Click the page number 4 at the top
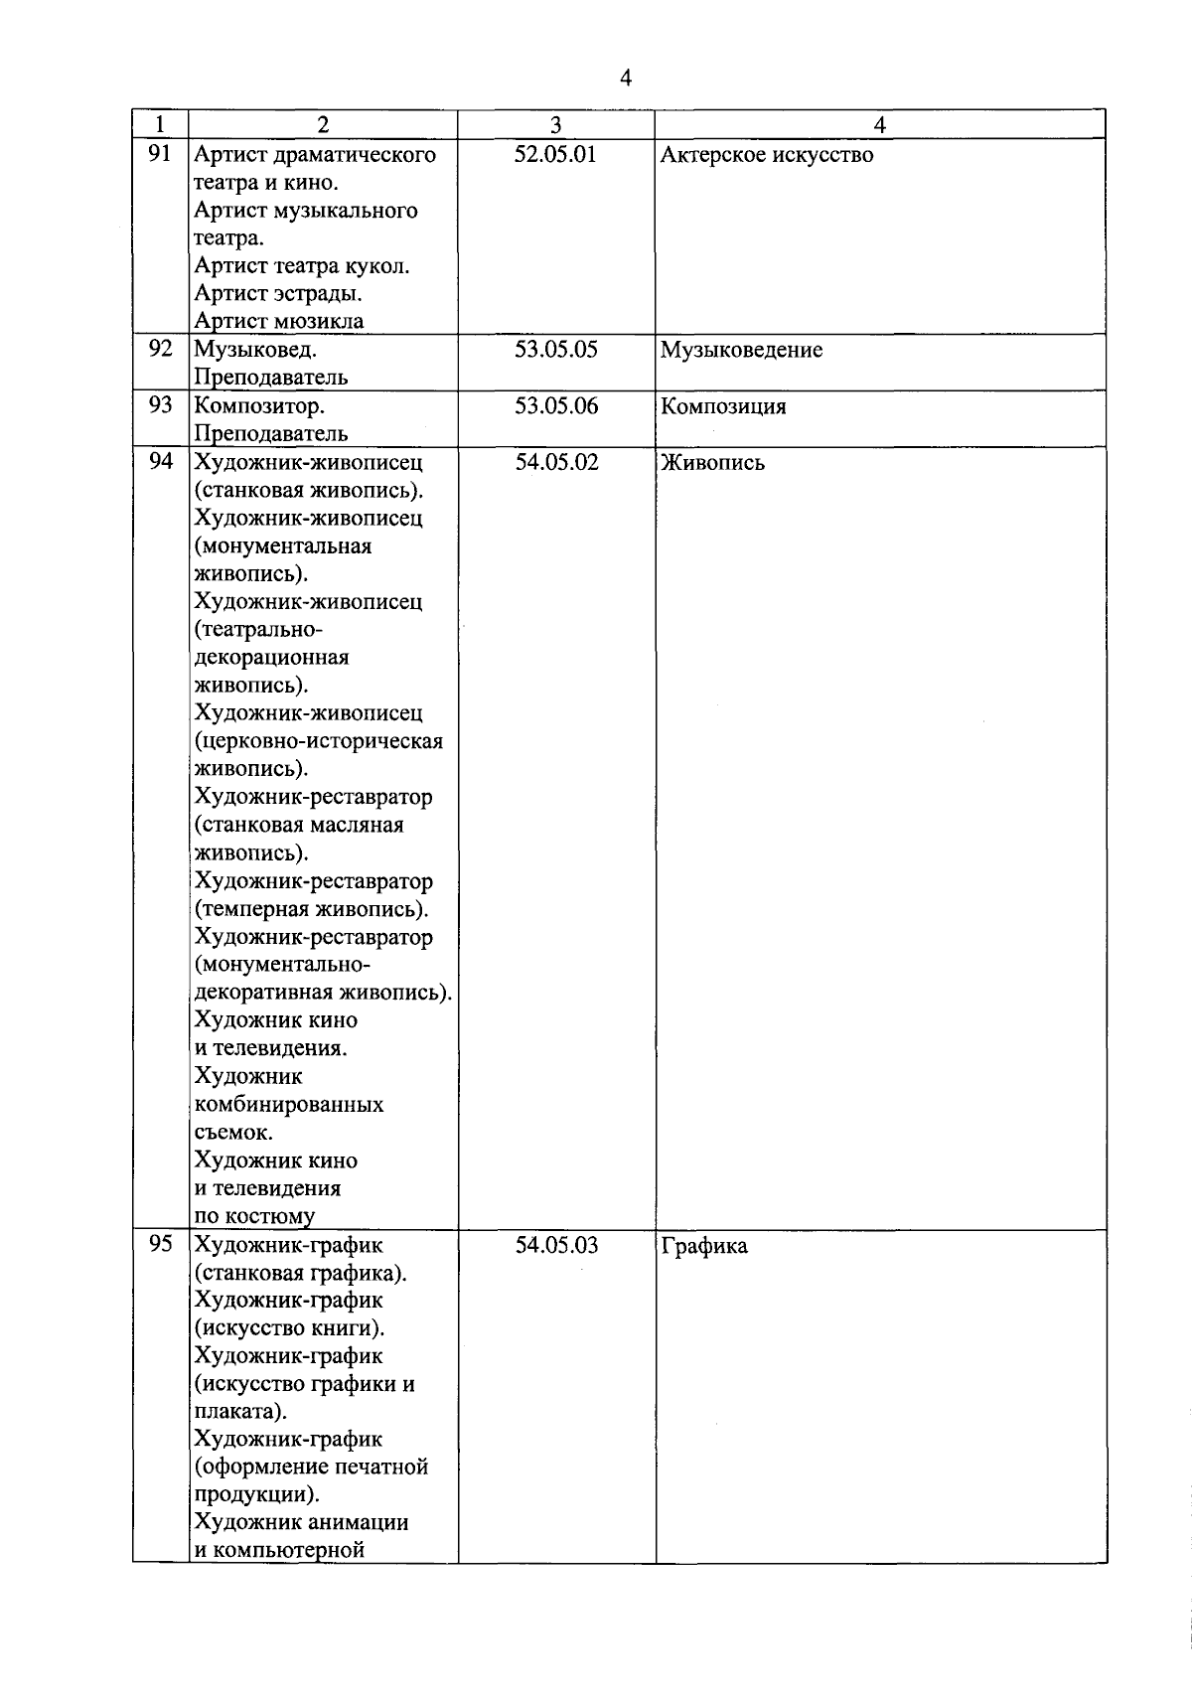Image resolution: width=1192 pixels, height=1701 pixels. tap(625, 78)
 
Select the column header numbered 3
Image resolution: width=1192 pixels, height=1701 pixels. tap(555, 124)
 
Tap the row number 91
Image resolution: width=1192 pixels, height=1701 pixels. tap(160, 154)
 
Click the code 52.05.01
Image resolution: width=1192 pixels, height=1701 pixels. tap(555, 154)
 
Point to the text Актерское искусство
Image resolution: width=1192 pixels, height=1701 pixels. tap(767, 155)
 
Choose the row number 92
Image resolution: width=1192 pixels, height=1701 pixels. tap(160, 349)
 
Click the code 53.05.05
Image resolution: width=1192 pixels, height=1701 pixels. tap(555, 350)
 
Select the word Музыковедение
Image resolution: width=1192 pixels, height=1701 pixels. tap(741, 351)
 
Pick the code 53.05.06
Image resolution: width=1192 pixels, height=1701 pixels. tap(555, 405)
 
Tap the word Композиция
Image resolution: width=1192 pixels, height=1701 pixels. tap(723, 406)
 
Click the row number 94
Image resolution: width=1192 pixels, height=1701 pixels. tap(160, 461)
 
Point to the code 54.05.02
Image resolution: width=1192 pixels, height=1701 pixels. tap(556, 462)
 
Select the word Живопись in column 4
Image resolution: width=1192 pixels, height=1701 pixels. tap(712, 463)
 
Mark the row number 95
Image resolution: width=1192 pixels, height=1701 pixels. tap(160, 1244)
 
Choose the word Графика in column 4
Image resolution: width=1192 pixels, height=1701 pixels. tap(704, 1246)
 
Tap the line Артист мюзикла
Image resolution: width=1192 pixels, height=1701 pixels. tap(279, 321)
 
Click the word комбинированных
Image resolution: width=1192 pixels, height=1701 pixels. tap(289, 1104)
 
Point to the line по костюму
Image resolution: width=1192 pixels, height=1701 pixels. tap(254, 1216)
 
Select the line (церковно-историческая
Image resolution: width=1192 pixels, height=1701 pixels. tap(319, 741)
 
